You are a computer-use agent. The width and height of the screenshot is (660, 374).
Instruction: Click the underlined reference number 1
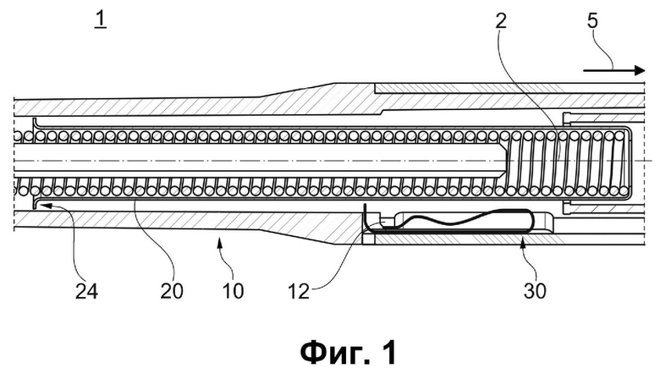point(101,20)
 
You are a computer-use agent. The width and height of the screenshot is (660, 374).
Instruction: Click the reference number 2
point(500,20)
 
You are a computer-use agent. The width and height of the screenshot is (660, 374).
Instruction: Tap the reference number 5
point(592,20)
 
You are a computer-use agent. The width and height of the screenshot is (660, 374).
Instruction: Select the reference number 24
point(86,291)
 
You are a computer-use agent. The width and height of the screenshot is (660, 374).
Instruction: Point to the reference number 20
point(171,291)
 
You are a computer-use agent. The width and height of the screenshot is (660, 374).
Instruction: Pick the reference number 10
point(233,291)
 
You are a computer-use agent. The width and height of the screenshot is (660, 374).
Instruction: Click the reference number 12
point(299,291)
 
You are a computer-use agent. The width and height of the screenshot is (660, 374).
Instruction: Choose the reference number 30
point(535,291)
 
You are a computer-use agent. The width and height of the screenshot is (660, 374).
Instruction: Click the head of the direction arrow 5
point(640,70)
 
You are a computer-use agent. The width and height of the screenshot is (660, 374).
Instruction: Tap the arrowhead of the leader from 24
point(46,206)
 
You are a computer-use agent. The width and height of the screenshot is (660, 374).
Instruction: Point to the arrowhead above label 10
point(218,240)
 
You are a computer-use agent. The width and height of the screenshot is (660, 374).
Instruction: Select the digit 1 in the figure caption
point(389,353)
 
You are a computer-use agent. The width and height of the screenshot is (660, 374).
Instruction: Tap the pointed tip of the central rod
point(507,161)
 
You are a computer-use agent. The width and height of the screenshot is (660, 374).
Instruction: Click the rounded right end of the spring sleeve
point(628,162)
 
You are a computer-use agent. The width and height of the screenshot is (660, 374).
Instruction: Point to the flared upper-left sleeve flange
point(35,124)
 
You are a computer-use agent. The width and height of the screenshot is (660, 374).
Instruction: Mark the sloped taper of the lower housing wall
point(300,237)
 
